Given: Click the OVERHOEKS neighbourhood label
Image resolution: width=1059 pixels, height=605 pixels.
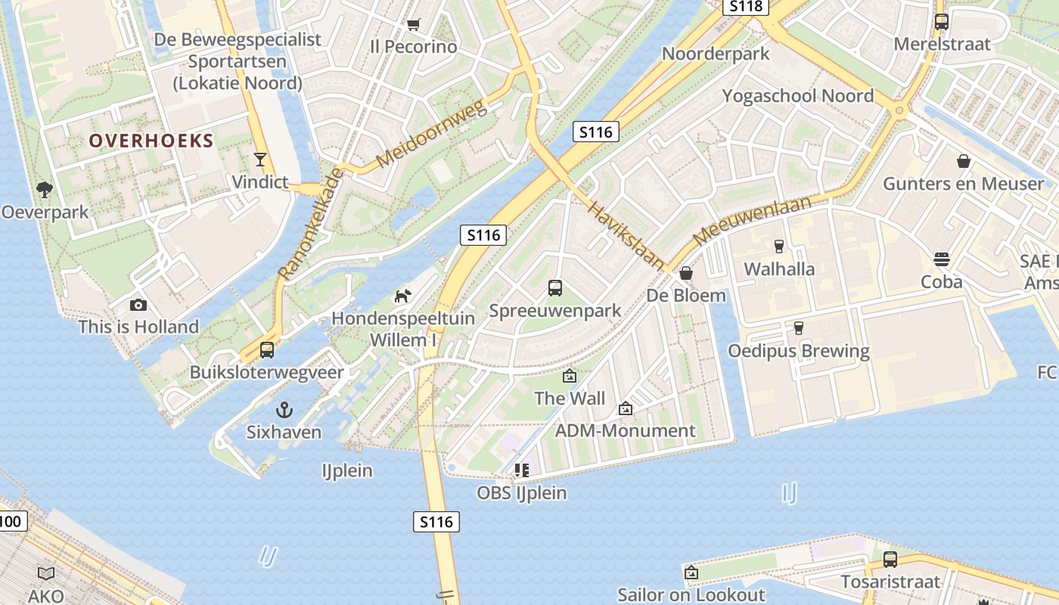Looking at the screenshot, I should pos(151,141).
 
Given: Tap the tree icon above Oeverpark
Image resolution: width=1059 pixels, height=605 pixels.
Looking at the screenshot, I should pos(45,189).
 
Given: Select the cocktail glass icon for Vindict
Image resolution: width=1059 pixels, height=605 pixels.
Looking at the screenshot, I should pos(260,159).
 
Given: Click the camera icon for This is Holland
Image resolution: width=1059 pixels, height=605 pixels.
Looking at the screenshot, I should pos(138,305).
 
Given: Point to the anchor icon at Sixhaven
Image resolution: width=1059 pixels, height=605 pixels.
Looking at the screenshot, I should pos(284,410).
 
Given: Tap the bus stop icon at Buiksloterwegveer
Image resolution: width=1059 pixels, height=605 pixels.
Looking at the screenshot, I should pos(266,349).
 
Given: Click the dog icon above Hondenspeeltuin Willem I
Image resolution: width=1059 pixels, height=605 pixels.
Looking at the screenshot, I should pos(403,295).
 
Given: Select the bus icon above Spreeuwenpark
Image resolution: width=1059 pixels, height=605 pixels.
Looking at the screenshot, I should pos(555,287).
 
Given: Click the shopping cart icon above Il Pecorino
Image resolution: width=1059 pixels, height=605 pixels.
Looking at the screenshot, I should pos(413,24).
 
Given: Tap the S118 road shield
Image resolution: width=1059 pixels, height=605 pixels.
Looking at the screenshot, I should pos(745,6).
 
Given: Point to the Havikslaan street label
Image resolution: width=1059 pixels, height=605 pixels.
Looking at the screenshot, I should pos(626,235).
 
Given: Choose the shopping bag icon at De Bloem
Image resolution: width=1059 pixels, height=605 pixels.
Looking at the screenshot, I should pos(686,272).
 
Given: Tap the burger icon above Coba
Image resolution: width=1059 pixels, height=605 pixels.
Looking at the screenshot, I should pos(942,259).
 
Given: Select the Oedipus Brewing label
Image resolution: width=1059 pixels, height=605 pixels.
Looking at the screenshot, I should pos(799,351).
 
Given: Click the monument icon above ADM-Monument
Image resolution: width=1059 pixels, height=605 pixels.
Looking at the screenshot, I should pos(626,408).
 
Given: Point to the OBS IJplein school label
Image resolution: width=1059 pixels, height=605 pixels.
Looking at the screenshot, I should pos(522,493).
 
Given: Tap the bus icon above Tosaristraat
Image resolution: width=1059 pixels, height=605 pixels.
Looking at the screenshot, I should pos(890,560).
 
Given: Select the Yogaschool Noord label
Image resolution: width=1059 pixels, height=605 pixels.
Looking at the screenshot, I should pos(798,96).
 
